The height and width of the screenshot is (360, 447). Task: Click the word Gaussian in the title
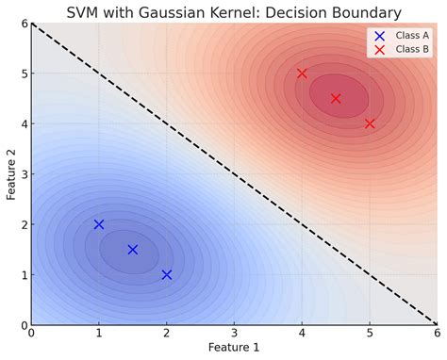[192, 12]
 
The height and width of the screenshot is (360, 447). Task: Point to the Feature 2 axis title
[8, 174]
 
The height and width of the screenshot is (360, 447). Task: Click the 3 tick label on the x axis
[234, 334]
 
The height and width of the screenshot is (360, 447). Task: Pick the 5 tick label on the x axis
[369, 334]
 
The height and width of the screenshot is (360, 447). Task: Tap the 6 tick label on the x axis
[436, 334]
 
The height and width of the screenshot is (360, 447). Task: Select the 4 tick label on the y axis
[23, 123]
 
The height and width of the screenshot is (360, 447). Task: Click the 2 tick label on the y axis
[23, 224]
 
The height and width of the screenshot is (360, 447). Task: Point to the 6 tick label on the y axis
[23, 23]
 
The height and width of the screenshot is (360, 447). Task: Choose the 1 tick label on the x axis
[99, 334]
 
